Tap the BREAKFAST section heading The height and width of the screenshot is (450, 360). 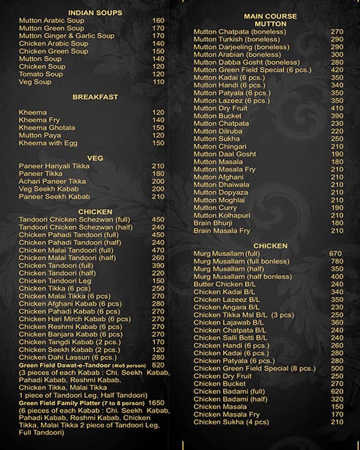(95, 97)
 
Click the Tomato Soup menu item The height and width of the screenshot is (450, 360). (41, 75)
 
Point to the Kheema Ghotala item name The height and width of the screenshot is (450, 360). (48, 127)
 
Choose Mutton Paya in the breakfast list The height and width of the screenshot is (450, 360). (40, 135)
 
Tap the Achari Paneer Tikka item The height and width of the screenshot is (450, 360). (53, 181)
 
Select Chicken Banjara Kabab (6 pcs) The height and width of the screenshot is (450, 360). (70, 334)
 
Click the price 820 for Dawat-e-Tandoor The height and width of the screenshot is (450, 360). (159, 364)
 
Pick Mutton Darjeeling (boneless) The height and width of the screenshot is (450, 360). (239, 47)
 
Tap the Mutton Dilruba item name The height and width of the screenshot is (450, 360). (218, 131)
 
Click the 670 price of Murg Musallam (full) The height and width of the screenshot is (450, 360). (336, 253)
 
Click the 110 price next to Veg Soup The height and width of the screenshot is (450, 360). (159, 82)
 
